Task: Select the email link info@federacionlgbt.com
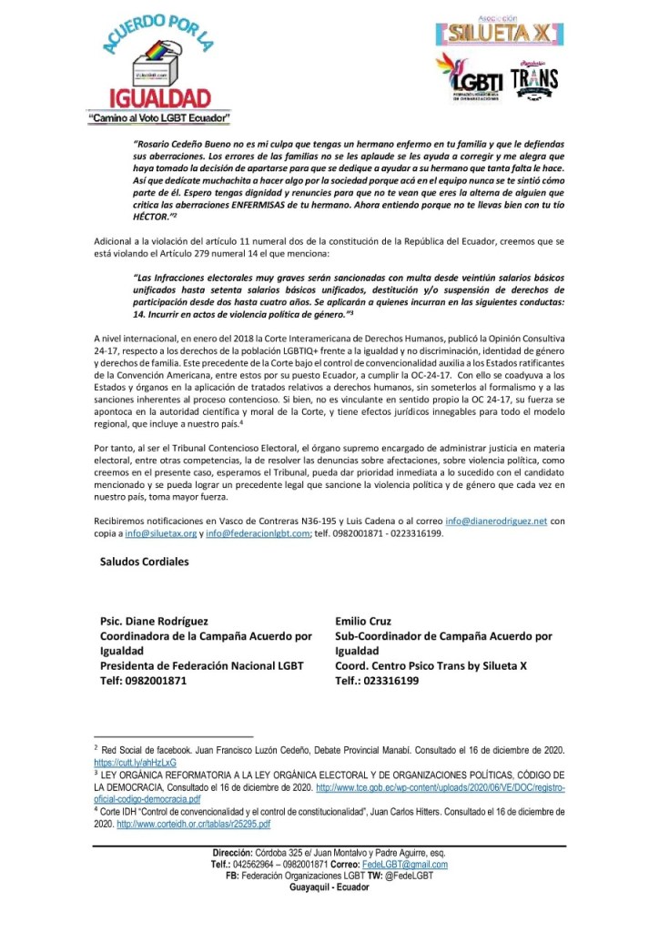pyautogui.click(x=258, y=533)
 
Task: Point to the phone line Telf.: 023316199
pyautogui.click(x=377, y=680)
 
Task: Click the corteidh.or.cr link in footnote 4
pyautogui.click(x=192, y=824)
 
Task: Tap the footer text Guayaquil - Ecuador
pyautogui.click(x=329, y=887)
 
